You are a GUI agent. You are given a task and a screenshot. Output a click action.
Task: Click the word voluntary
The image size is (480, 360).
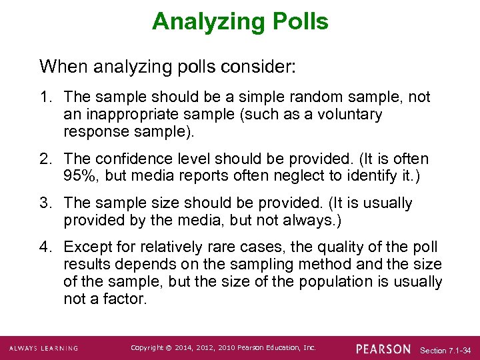click(351, 115)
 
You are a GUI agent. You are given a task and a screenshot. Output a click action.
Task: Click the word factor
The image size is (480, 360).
click(125, 299)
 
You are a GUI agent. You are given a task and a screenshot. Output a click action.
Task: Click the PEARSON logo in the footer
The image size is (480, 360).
click(383, 349)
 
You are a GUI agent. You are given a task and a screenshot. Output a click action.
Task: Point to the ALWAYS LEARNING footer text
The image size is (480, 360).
click(43, 349)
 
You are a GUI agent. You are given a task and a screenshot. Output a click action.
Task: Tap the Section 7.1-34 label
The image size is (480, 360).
click(446, 350)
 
